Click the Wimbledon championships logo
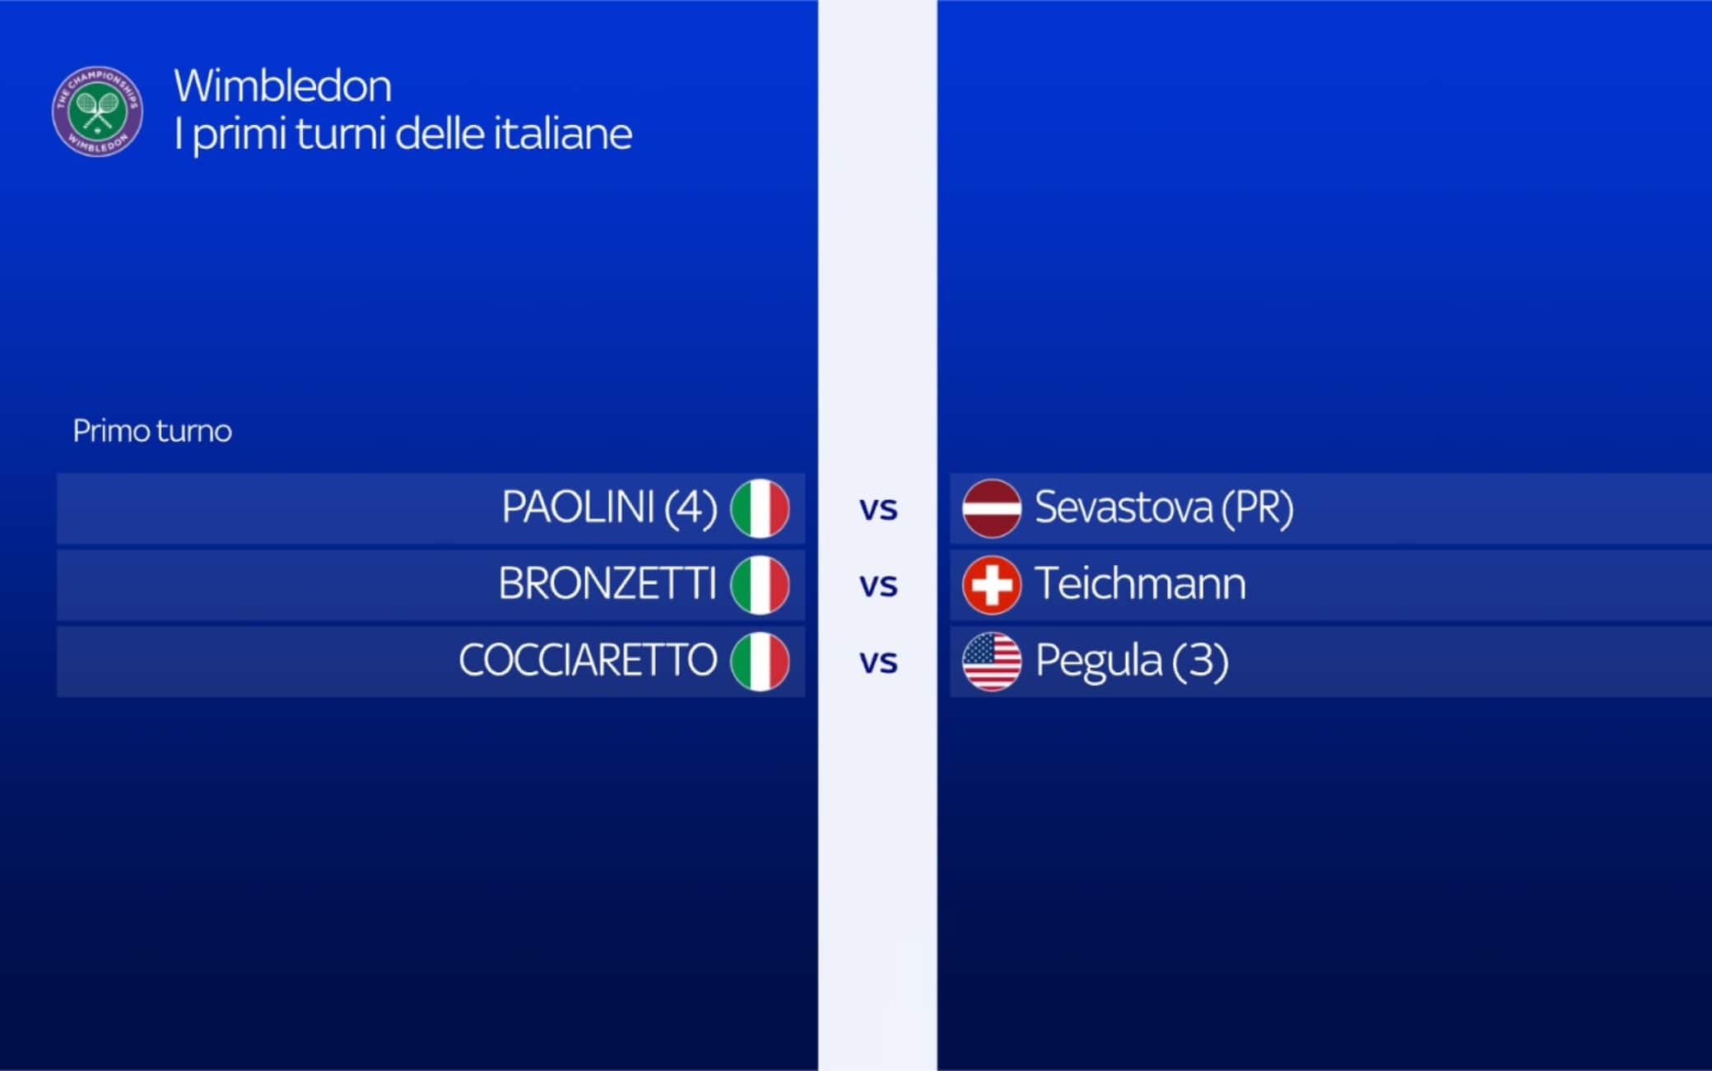[x=97, y=111]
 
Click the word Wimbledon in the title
[x=282, y=86]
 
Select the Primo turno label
[x=152, y=430]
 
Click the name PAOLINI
[x=578, y=507]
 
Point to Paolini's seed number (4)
[x=691, y=508]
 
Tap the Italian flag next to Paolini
[x=760, y=508]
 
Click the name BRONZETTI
[x=607, y=584]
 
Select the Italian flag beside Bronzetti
[x=760, y=585]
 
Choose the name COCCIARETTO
[x=588, y=661]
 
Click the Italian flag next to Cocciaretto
[x=760, y=661]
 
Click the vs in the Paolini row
[x=878, y=510]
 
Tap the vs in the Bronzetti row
[x=878, y=586]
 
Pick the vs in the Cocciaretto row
[x=878, y=663]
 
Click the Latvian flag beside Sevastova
[x=992, y=508]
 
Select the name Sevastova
[x=1123, y=507]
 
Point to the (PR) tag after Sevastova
[x=1258, y=508]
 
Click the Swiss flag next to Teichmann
[x=992, y=585]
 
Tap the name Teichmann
[x=1140, y=584]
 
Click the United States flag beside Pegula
[x=992, y=661]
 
